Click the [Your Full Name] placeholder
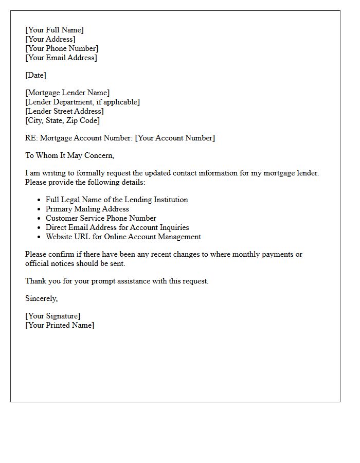click(x=55, y=30)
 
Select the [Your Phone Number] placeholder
click(x=62, y=48)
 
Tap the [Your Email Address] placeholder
click(x=61, y=58)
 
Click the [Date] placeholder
click(x=35, y=75)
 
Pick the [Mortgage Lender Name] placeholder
click(x=67, y=93)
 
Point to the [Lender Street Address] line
click(x=64, y=111)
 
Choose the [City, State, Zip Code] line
click(x=62, y=120)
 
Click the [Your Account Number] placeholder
click(x=175, y=138)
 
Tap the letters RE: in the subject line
click(x=31, y=138)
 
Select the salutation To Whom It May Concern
click(x=69, y=155)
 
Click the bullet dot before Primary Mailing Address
click(x=39, y=209)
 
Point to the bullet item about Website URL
click(x=123, y=237)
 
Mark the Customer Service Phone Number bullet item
click(x=101, y=218)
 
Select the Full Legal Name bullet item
click(x=117, y=200)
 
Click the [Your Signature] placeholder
click(x=53, y=316)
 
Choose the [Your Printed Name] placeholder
click(x=60, y=325)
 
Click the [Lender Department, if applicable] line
click(x=82, y=102)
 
